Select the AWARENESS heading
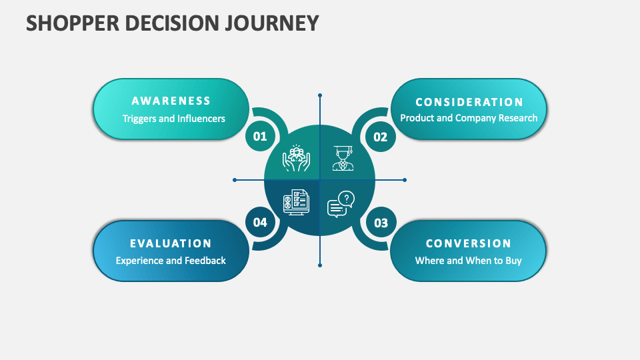tap(171, 101)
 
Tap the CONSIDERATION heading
tap(469, 102)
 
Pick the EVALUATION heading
tap(171, 243)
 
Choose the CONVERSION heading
tap(469, 243)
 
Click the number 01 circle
tap(260, 137)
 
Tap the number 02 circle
tap(380, 137)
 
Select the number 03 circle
tap(381, 223)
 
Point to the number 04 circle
tap(260, 223)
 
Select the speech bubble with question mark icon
tap(341, 203)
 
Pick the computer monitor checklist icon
tap(296, 202)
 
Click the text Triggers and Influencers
tap(173, 119)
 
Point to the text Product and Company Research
tap(469, 118)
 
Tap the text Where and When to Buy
tap(469, 261)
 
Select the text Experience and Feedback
tap(171, 261)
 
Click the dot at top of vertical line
tap(320, 95)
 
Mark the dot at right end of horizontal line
tap(405, 180)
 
